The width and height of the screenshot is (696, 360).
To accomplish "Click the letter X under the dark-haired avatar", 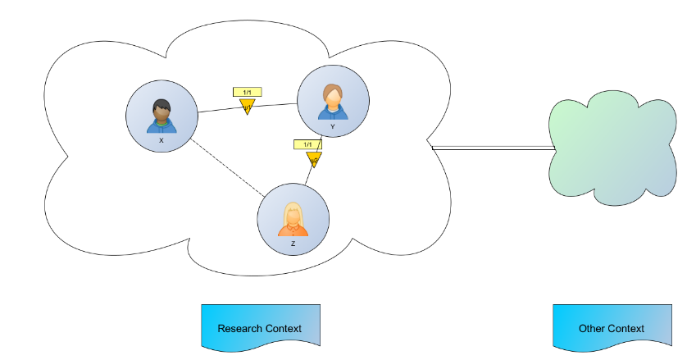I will pos(161,140).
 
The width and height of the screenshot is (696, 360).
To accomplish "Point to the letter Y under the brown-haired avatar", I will pos(332,127).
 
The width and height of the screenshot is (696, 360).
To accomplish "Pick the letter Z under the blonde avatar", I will pos(293,244).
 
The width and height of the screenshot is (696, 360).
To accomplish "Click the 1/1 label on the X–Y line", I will pos(247,93).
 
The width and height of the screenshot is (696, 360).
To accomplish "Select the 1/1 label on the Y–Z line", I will pos(307,144).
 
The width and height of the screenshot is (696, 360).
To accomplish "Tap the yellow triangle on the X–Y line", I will pos(247,107).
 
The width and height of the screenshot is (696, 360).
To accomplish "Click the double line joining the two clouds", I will pos(492,148).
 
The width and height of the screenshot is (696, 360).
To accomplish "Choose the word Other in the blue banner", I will pos(592,329).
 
